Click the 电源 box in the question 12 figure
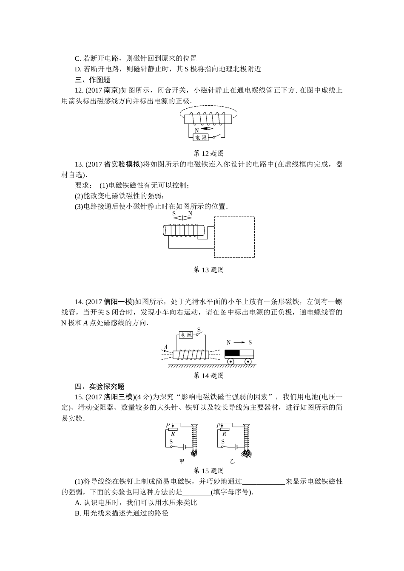[201, 138]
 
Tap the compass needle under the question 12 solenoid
[207, 128]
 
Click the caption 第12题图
[208, 153]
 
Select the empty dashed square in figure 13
[234, 237]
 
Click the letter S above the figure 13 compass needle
[174, 214]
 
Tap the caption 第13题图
[208, 270]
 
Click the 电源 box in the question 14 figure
[186, 335]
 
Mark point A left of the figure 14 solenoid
[165, 351]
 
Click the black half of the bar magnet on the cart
[232, 353]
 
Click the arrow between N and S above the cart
[239, 342]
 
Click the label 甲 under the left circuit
[182, 461]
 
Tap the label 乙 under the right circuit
[232, 461]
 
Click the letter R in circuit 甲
[173, 434]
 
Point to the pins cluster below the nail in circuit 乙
[247, 453]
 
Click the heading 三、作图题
[92, 79]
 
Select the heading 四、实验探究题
[100, 387]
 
